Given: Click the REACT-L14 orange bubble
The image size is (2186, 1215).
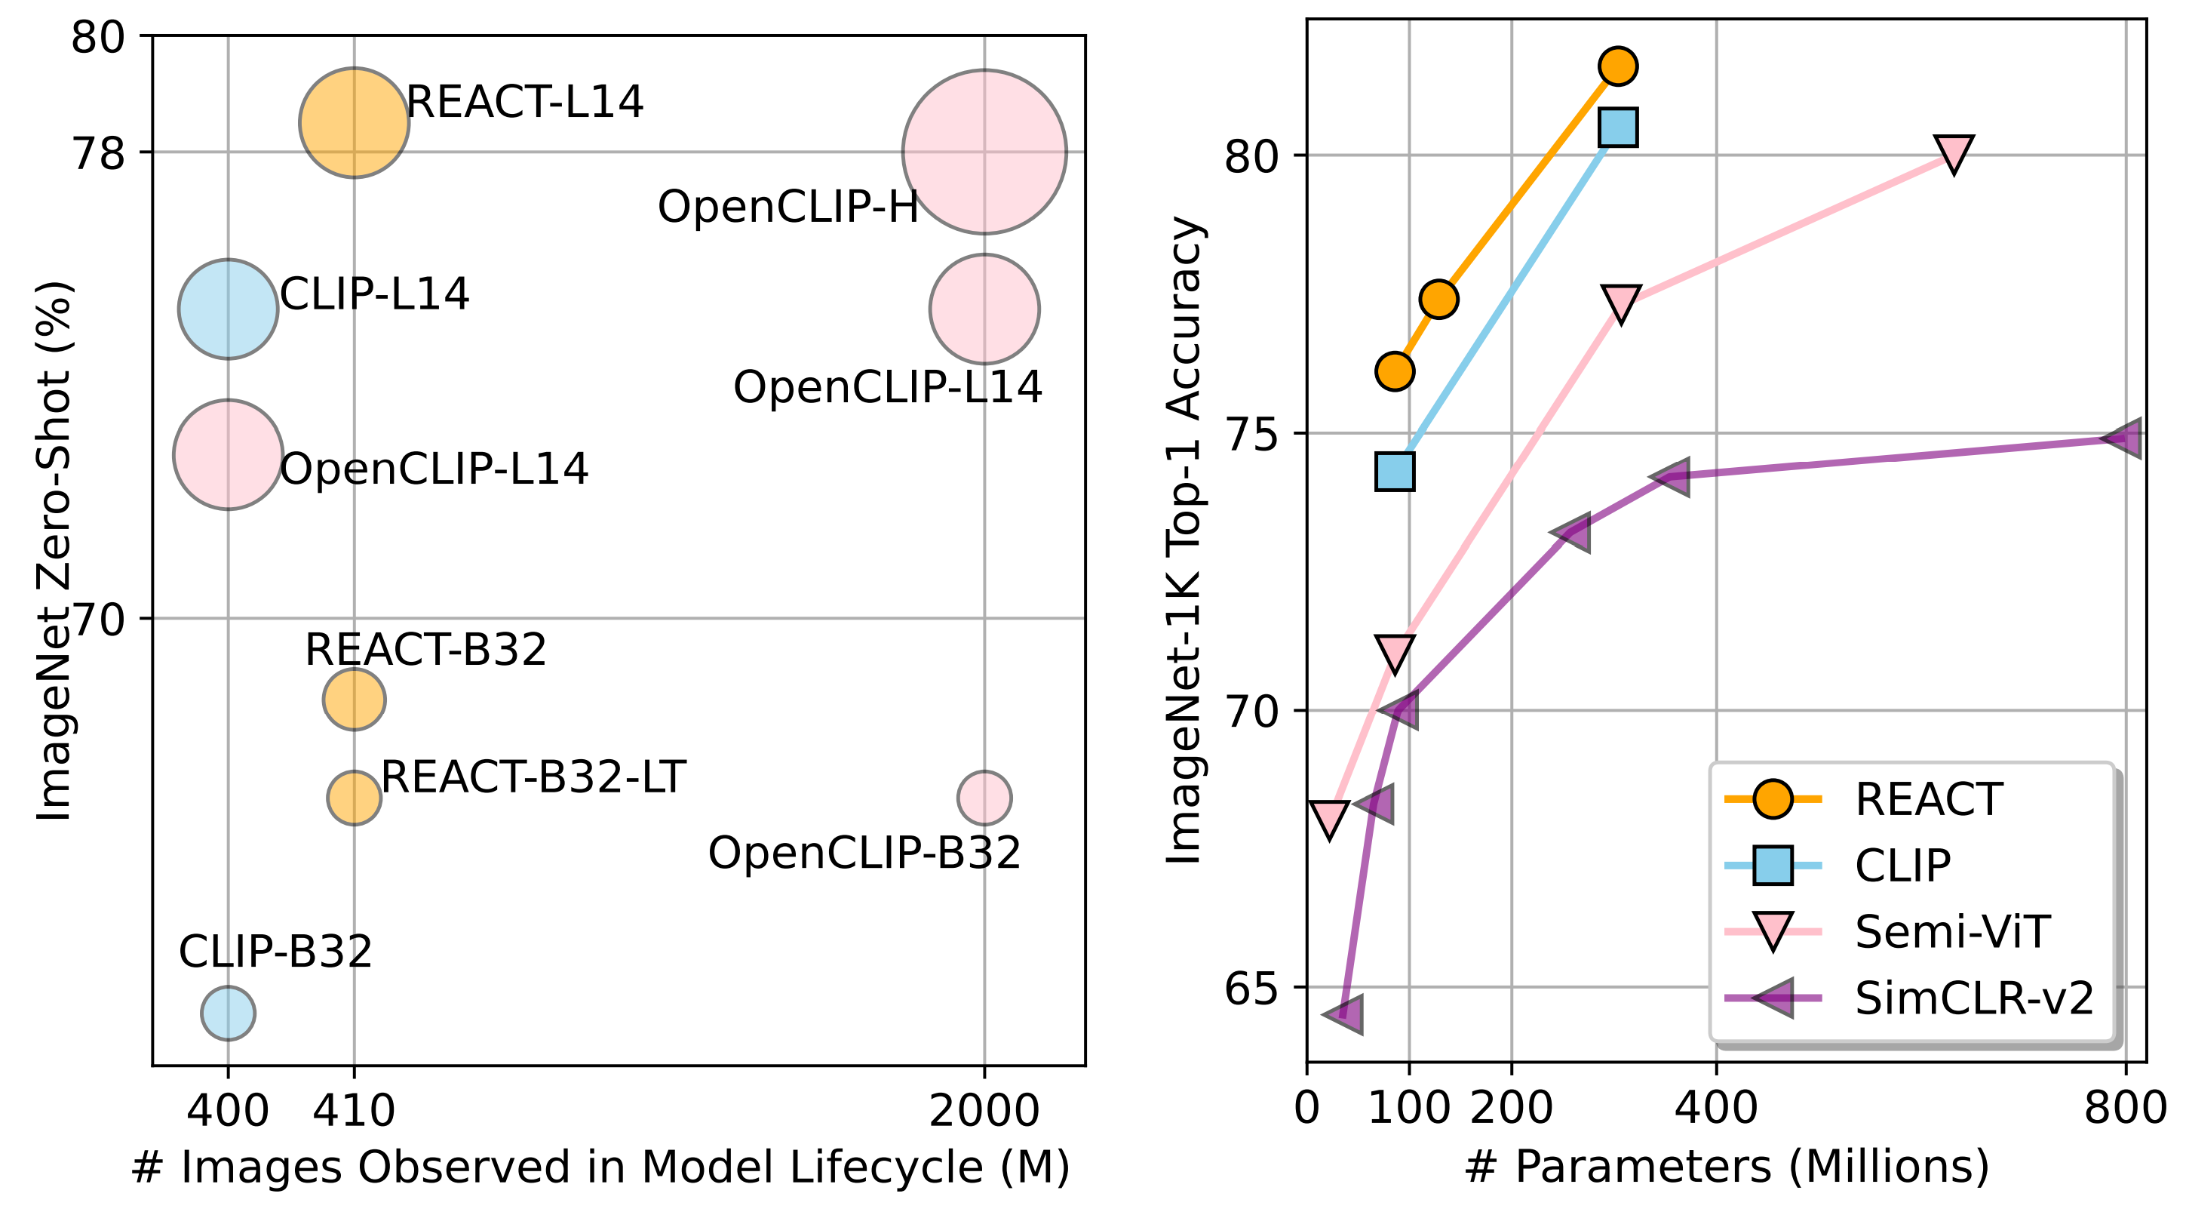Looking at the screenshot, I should (x=354, y=123).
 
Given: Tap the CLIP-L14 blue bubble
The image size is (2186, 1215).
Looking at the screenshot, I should (x=228, y=309).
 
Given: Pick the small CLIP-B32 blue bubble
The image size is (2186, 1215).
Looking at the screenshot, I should (x=228, y=1012).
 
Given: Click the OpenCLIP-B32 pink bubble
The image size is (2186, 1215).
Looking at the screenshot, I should (x=984, y=797).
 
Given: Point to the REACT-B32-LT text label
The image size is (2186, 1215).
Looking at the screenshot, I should (x=533, y=777).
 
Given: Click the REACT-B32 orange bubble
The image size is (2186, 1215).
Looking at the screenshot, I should (x=354, y=699).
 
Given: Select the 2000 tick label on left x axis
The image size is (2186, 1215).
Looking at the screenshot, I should (x=984, y=1111).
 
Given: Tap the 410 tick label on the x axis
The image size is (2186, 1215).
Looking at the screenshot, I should (x=354, y=1111).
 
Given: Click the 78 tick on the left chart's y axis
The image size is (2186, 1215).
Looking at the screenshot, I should (x=98, y=154).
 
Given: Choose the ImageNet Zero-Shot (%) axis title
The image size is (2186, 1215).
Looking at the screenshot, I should (x=54, y=552).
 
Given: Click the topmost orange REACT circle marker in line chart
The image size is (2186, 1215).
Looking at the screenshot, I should (x=1617, y=66).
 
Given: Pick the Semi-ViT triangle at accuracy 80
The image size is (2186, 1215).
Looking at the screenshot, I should (x=1953, y=154).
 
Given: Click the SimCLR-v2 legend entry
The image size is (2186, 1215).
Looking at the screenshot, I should (x=1909, y=998).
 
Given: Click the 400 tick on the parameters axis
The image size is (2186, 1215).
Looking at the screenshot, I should (x=1717, y=1109).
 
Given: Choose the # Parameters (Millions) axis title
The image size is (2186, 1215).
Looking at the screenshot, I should (x=1726, y=1167).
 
